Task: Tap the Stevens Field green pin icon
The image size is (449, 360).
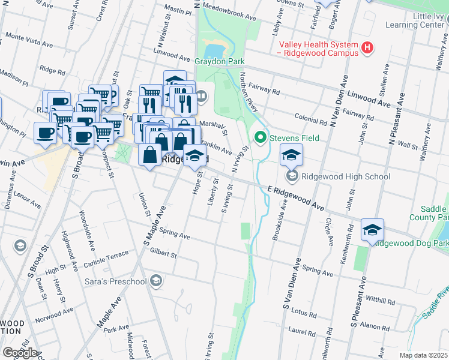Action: pyautogui.click(x=261, y=138)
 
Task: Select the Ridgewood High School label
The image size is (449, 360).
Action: pyautogui.click(x=346, y=176)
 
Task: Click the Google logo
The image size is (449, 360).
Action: pyautogui.click(x=19, y=353)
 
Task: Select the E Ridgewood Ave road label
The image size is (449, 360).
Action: pyautogui.click(x=296, y=198)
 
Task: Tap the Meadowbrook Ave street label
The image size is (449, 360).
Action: pyautogui.click(x=229, y=11)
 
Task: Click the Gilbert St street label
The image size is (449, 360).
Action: pyautogui.click(x=164, y=255)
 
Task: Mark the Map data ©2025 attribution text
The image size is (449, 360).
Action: pyautogui.click(x=423, y=355)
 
